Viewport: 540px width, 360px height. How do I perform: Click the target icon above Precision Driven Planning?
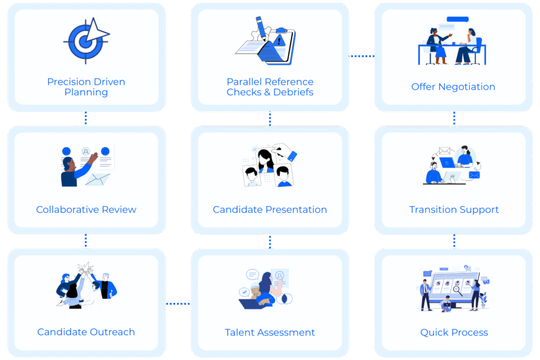[x=86, y=41]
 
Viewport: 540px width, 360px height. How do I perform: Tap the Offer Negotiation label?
[x=453, y=87]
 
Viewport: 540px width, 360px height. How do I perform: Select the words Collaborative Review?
[x=86, y=210]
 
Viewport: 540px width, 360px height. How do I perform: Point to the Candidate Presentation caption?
[x=269, y=210]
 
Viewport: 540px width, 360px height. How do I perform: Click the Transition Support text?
[x=454, y=210]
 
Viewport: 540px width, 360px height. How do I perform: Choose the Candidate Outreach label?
[x=86, y=332]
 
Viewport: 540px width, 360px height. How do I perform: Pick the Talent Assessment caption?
[x=269, y=333]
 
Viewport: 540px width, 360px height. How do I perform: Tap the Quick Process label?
[x=454, y=333]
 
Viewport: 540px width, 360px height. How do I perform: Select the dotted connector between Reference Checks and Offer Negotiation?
[x=362, y=56]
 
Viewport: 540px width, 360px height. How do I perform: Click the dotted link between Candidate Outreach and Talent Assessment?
[x=178, y=304]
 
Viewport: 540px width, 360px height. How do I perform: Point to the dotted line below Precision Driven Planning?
[x=86, y=118]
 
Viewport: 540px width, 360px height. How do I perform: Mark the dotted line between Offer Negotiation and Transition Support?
[x=454, y=118]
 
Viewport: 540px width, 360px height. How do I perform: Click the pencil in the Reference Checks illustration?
[x=261, y=28]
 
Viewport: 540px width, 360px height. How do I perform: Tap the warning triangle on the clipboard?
[x=279, y=41]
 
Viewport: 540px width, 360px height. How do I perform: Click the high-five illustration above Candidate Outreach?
[x=86, y=285]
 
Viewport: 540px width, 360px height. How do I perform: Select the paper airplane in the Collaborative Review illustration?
[x=98, y=179]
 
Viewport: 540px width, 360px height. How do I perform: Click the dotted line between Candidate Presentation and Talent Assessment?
[x=270, y=241]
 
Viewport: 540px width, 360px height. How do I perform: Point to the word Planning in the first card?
[x=86, y=92]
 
